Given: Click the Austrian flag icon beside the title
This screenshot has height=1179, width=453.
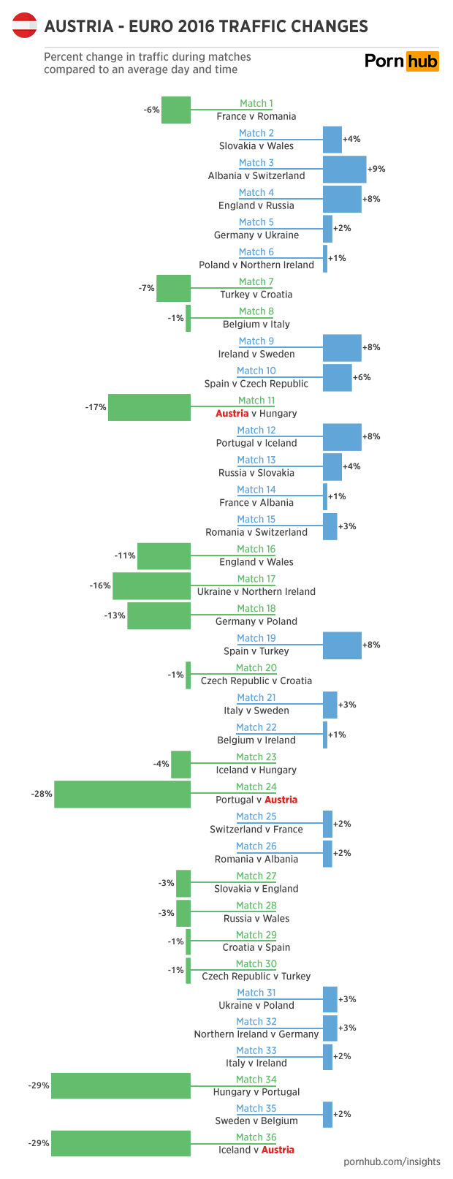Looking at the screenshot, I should [x=25, y=26].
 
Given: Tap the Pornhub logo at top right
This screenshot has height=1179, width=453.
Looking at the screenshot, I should [x=402, y=61].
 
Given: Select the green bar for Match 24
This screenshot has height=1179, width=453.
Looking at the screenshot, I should [x=122, y=794].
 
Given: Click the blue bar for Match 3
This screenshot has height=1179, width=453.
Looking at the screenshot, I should [x=344, y=170].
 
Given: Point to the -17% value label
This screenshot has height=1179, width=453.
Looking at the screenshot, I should [x=96, y=407].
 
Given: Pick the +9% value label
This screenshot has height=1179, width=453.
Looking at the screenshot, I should [x=376, y=169].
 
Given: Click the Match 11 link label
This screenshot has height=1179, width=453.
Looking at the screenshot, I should [x=256, y=401].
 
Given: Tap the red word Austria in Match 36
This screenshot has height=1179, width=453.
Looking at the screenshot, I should [x=278, y=1150].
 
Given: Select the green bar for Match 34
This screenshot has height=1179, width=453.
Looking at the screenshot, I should [x=121, y=1086].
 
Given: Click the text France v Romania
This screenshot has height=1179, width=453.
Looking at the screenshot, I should [x=256, y=116].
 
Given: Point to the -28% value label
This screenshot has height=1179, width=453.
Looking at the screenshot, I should [x=42, y=794].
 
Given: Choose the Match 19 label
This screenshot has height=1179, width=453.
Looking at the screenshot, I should [x=256, y=638].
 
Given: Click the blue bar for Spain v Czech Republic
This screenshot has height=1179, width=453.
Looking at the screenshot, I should [x=337, y=378].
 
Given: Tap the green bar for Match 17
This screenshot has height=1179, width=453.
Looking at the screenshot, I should [x=151, y=586].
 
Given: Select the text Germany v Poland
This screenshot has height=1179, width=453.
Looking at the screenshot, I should [x=256, y=621].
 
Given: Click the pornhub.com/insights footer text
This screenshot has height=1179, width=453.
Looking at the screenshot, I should [x=392, y=1161].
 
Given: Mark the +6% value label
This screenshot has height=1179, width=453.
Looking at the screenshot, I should [x=362, y=377].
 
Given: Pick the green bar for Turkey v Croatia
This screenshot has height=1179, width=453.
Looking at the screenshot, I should [x=173, y=289].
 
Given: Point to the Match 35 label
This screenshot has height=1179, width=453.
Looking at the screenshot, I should [x=256, y=1108].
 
